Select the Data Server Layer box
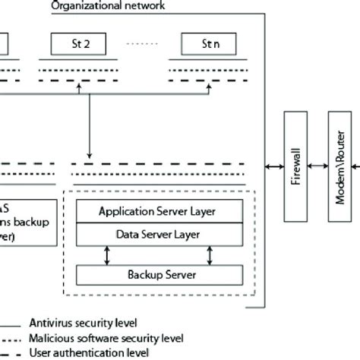[159, 235]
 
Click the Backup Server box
[159, 273]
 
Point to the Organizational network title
[107, 6]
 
